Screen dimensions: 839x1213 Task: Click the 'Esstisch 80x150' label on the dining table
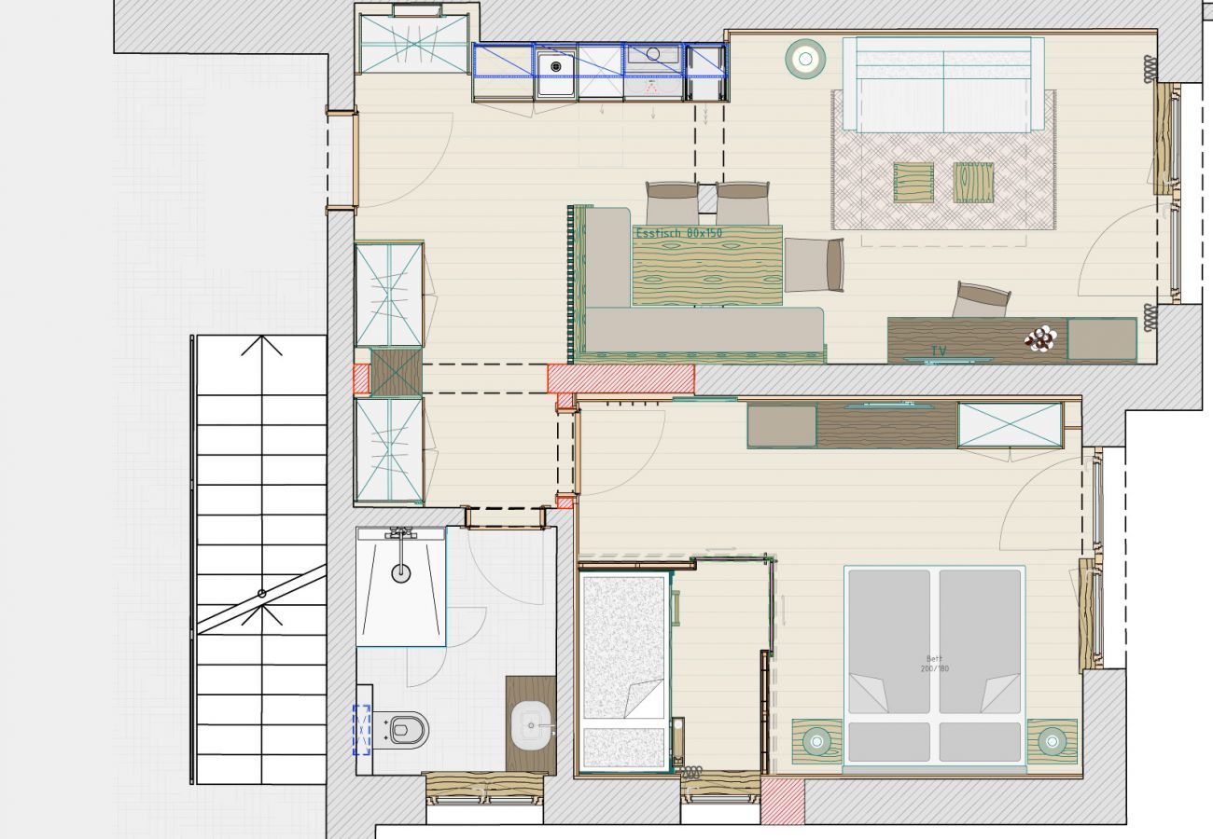(x=678, y=233)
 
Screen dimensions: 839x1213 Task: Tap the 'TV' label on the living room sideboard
(x=938, y=351)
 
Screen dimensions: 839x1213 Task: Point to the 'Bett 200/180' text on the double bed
(x=934, y=664)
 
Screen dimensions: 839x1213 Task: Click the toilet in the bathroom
(x=408, y=728)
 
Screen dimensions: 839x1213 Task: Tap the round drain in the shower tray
(x=400, y=572)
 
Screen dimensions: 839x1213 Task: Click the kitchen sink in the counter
(x=554, y=67)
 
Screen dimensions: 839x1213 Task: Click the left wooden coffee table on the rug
(x=913, y=182)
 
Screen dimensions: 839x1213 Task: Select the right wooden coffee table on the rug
(x=973, y=182)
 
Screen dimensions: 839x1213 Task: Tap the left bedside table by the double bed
(x=817, y=741)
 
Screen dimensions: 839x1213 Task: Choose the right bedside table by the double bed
(x=1053, y=741)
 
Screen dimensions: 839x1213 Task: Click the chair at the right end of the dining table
(x=815, y=265)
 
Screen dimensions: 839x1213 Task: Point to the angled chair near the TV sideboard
(x=981, y=300)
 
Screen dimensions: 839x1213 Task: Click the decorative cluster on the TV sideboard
(x=1040, y=338)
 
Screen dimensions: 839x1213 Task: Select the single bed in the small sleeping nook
(x=623, y=671)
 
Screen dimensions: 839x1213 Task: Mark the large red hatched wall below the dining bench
(x=620, y=378)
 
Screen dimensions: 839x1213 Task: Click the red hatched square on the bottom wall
(x=782, y=801)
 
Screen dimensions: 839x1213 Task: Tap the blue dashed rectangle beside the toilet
(x=361, y=729)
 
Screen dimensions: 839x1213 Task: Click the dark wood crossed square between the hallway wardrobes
(x=397, y=373)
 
